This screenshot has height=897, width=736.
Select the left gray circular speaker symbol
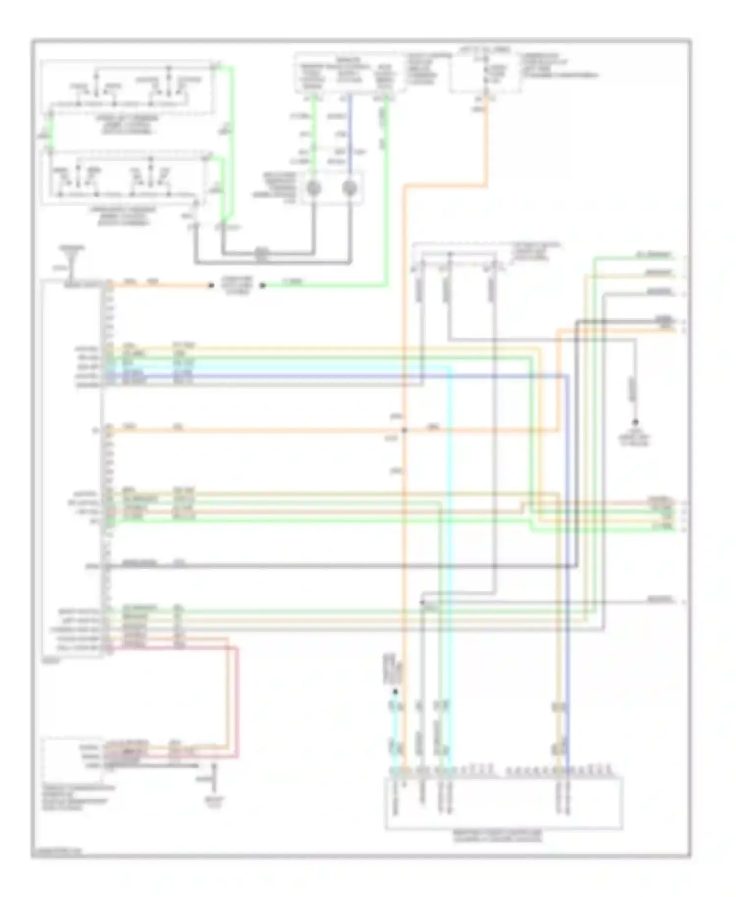click(314, 188)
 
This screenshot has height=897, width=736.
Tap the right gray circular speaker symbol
click(349, 188)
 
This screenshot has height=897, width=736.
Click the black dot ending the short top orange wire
click(211, 286)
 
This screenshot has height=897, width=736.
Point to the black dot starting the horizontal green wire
click(263, 286)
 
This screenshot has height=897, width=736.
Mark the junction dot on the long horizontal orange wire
click(404, 430)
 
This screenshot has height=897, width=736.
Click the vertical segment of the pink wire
click(237, 702)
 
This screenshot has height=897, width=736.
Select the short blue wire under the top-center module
click(349, 132)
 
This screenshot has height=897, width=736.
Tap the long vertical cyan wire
click(450, 564)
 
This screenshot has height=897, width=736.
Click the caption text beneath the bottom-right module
click(503, 836)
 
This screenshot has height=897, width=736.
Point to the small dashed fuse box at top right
click(485, 71)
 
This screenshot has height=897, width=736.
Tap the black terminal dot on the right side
click(635, 422)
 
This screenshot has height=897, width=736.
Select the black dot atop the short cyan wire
click(395, 692)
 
